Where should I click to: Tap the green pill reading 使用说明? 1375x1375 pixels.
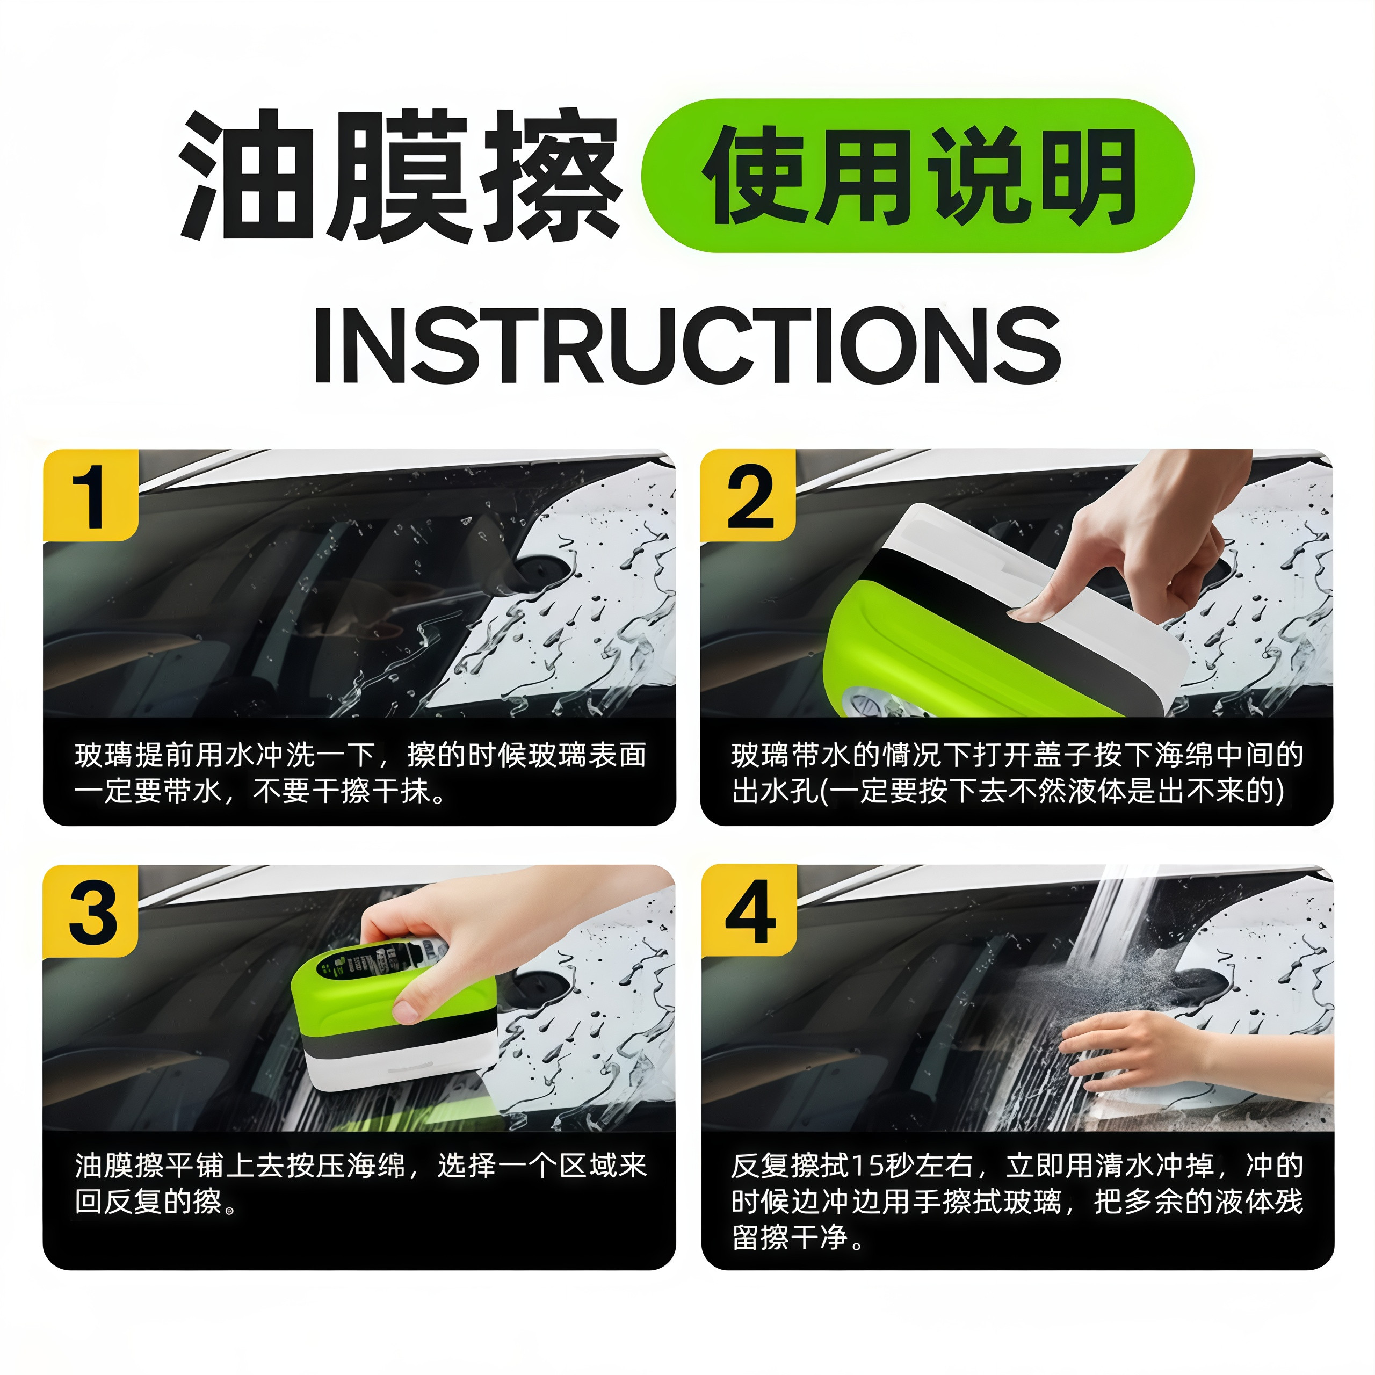tap(917, 176)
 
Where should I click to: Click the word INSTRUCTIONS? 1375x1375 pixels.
tap(687, 346)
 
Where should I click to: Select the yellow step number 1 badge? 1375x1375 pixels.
tap(90, 495)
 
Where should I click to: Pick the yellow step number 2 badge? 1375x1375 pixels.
tap(748, 495)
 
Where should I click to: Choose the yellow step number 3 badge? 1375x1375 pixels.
tap(90, 911)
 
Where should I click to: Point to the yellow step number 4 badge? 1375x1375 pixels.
tap(749, 911)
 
